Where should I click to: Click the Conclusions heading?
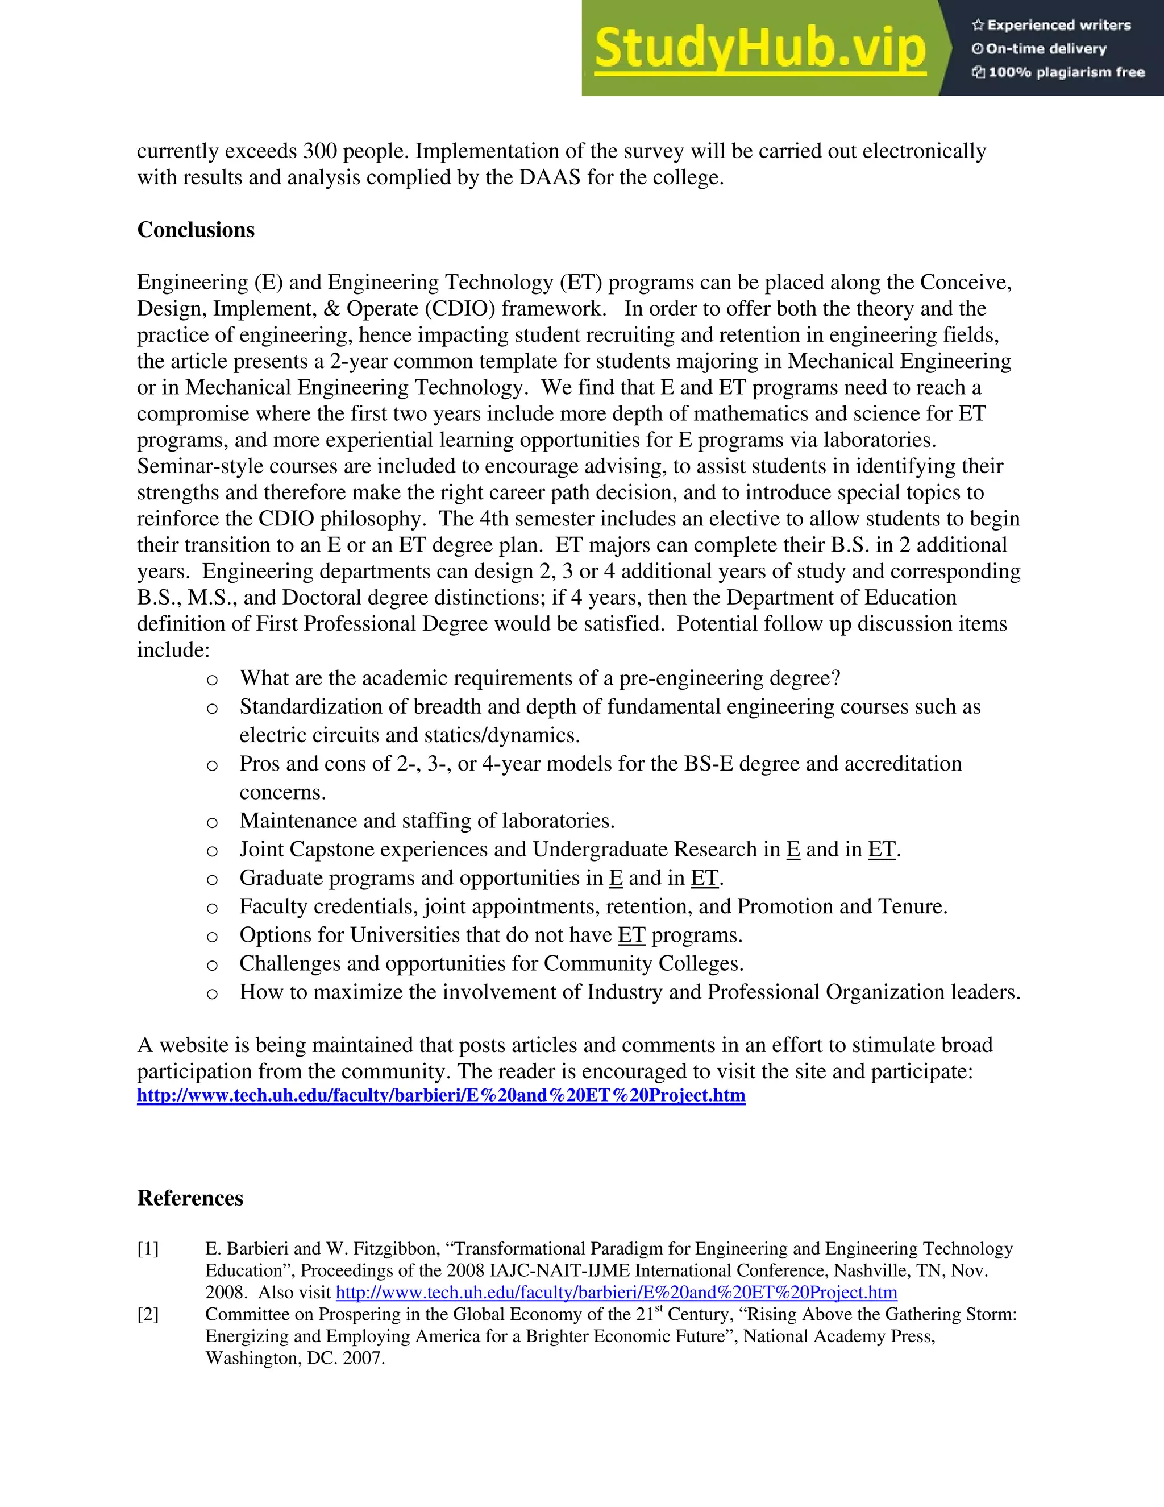(x=196, y=230)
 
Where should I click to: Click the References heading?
(x=190, y=1198)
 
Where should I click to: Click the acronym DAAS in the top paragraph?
(x=550, y=177)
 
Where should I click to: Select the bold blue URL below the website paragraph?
(x=440, y=1095)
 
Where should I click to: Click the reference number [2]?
(x=148, y=1314)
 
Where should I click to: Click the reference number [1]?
(x=148, y=1248)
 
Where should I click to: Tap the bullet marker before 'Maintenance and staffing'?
(x=213, y=822)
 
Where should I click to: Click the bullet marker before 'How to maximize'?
(x=213, y=993)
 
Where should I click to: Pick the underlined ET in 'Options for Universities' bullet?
(x=631, y=935)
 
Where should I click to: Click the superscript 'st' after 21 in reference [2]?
(x=659, y=1309)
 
